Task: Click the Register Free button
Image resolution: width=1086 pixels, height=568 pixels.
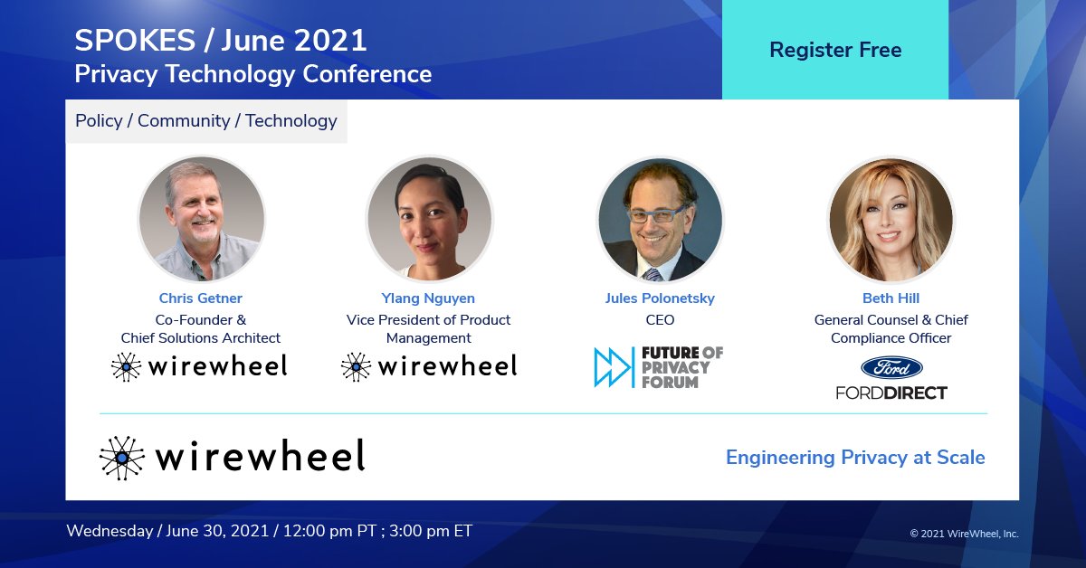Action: pos(834,50)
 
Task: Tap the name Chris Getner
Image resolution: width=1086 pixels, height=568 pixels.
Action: pos(200,298)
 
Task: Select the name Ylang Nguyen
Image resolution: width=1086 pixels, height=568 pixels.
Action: pos(428,298)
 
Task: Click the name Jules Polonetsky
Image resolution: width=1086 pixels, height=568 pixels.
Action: pos(660,298)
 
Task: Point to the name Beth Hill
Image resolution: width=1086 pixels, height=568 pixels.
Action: pos(891,298)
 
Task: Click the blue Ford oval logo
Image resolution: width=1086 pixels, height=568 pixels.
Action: pos(891,367)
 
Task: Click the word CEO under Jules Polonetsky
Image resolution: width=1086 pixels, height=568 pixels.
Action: pos(660,320)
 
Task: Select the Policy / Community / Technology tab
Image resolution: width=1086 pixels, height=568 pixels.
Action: pos(206,121)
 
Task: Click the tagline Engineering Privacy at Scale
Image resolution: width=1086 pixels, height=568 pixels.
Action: pos(854,458)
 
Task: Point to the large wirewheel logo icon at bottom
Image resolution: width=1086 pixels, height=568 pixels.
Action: pos(122,458)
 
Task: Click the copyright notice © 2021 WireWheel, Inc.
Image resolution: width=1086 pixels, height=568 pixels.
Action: pos(963,534)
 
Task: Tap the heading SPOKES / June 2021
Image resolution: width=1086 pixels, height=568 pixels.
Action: pos(221,41)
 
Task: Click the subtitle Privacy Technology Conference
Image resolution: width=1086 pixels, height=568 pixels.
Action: pos(252,74)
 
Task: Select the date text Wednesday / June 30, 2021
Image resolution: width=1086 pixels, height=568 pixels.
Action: pos(168,531)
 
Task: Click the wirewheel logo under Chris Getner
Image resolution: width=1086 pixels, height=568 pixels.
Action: pos(200,365)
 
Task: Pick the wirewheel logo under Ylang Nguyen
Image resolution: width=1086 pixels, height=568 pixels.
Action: pos(428,365)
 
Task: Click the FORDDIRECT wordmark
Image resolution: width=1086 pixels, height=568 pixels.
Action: pos(891,393)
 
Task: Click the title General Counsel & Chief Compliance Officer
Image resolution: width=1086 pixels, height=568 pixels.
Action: pos(891,329)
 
